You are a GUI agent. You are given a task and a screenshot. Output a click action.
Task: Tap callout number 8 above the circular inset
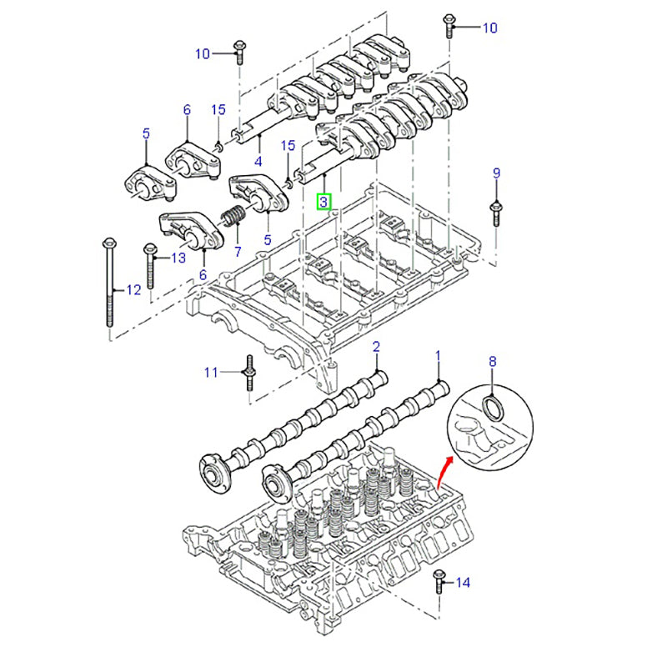[492, 362]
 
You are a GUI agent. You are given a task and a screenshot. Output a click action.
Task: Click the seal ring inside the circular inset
[493, 407]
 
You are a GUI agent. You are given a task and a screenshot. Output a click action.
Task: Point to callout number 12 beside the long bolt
[133, 290]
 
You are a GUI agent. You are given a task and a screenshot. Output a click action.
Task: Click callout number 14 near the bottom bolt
[464, 583]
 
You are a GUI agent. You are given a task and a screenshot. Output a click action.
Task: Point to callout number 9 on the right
[496, 174]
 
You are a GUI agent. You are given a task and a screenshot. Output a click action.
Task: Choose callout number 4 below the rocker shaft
[258, 162]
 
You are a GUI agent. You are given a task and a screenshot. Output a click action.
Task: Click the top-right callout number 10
[489, 28]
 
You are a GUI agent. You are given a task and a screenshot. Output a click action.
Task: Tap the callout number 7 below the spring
[237, 251]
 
